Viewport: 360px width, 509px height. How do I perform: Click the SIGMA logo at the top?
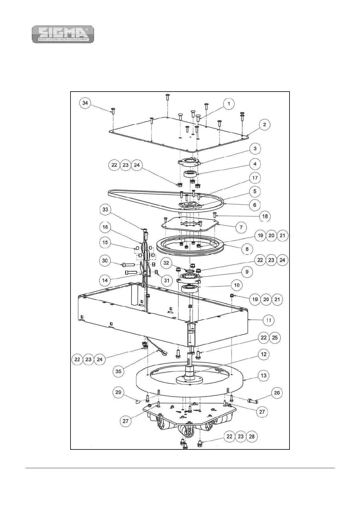tap(63, 34)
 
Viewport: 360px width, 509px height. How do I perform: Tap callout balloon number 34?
tap(85, 103)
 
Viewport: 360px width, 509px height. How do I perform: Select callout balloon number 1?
tap(229, 104)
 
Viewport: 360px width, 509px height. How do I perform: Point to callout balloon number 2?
tap(264, 125)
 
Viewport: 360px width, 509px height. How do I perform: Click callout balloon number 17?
tap(255, 178)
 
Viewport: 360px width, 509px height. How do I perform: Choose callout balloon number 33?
tap(105, 209)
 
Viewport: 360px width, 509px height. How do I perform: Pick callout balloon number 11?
tap(269, 320)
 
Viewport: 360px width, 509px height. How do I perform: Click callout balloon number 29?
tap(118, 392)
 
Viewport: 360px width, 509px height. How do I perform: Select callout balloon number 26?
tap(277, 393)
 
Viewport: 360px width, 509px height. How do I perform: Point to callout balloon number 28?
tap(252, 436)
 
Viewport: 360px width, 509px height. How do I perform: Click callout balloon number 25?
tap(275, 338)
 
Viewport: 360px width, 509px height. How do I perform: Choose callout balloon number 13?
tap(264, 375)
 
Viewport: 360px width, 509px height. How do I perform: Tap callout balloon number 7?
tap(241, 227)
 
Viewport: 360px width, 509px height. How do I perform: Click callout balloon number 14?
tap(105, 280)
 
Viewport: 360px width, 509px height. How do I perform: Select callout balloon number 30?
tap(105, 261)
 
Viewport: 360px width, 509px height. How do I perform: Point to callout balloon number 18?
tap(265, 216)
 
